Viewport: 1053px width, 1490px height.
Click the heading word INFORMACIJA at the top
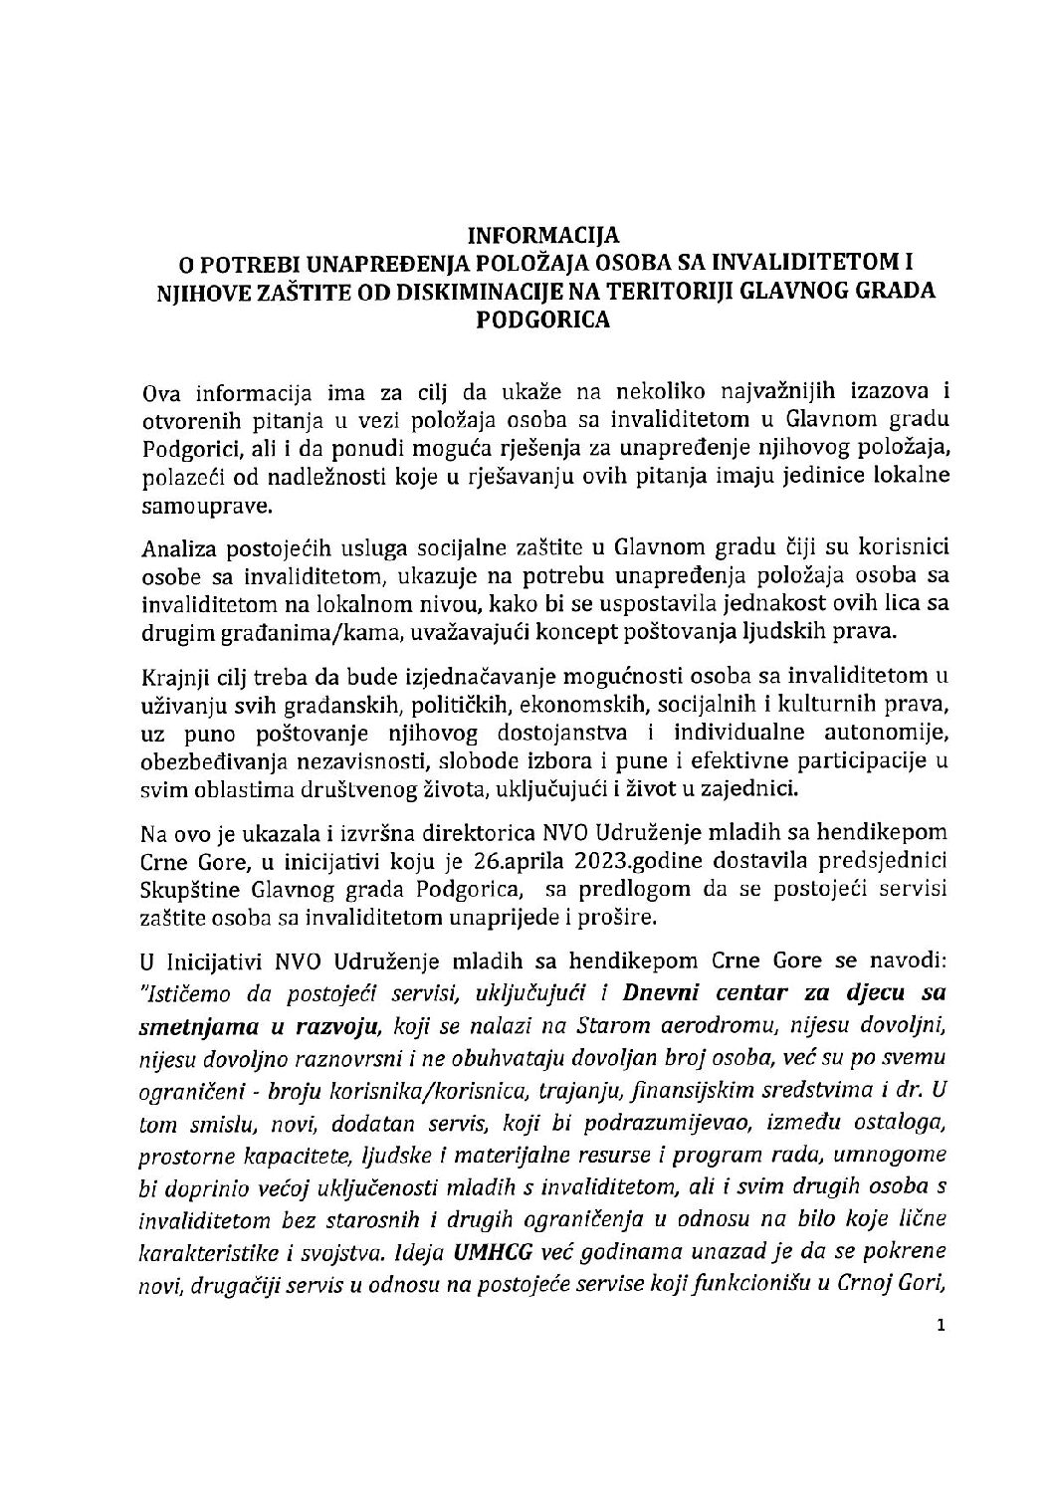[544, 236]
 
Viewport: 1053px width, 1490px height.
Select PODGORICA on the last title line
[543, 320]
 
